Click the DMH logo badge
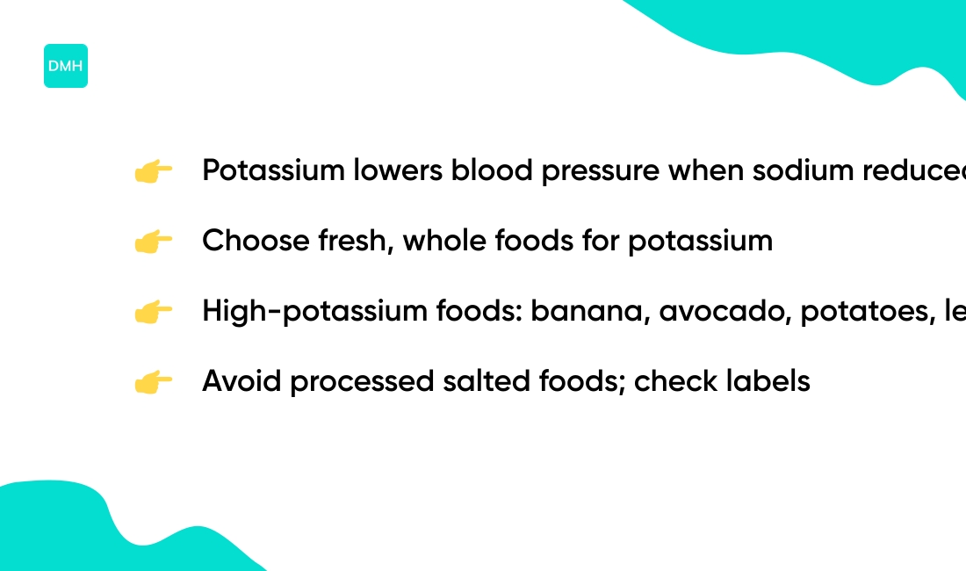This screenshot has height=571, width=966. pos(66,66)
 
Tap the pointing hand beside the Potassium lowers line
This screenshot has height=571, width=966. pos(153,171)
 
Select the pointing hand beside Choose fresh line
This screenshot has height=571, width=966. pos(153,242)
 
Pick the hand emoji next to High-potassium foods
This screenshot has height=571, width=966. pos(153,312)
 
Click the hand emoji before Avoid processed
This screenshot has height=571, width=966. pos(153,382)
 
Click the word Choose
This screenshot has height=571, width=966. pos(256,241)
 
